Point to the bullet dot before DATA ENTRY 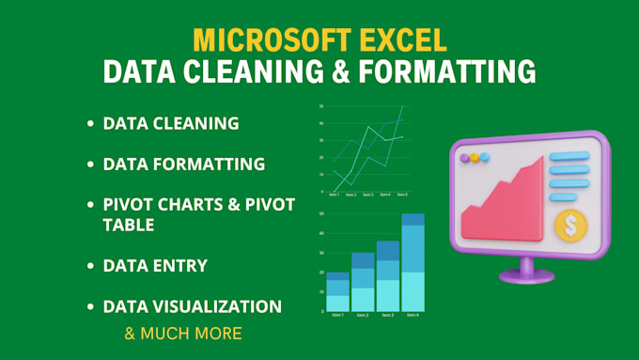(90, 266)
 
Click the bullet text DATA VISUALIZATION (192, 306)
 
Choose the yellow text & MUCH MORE (183, 333)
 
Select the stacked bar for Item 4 (413, 263)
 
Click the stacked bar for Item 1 (336, 292)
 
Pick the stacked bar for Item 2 (363, 282)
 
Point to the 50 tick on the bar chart (322, 214)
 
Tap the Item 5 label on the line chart (402, 195)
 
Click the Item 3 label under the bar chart (388, 316)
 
